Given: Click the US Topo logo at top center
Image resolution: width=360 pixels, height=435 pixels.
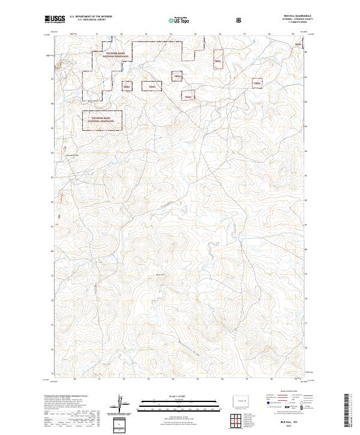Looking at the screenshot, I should tap(176, 20).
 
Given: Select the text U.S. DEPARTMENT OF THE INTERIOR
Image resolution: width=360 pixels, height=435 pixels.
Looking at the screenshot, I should tap(91, 17).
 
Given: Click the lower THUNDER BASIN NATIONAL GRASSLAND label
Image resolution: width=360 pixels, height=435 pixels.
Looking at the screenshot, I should tap(102, 120).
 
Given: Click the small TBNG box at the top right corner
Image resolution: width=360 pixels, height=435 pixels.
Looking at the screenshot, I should tap(296, 44).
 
